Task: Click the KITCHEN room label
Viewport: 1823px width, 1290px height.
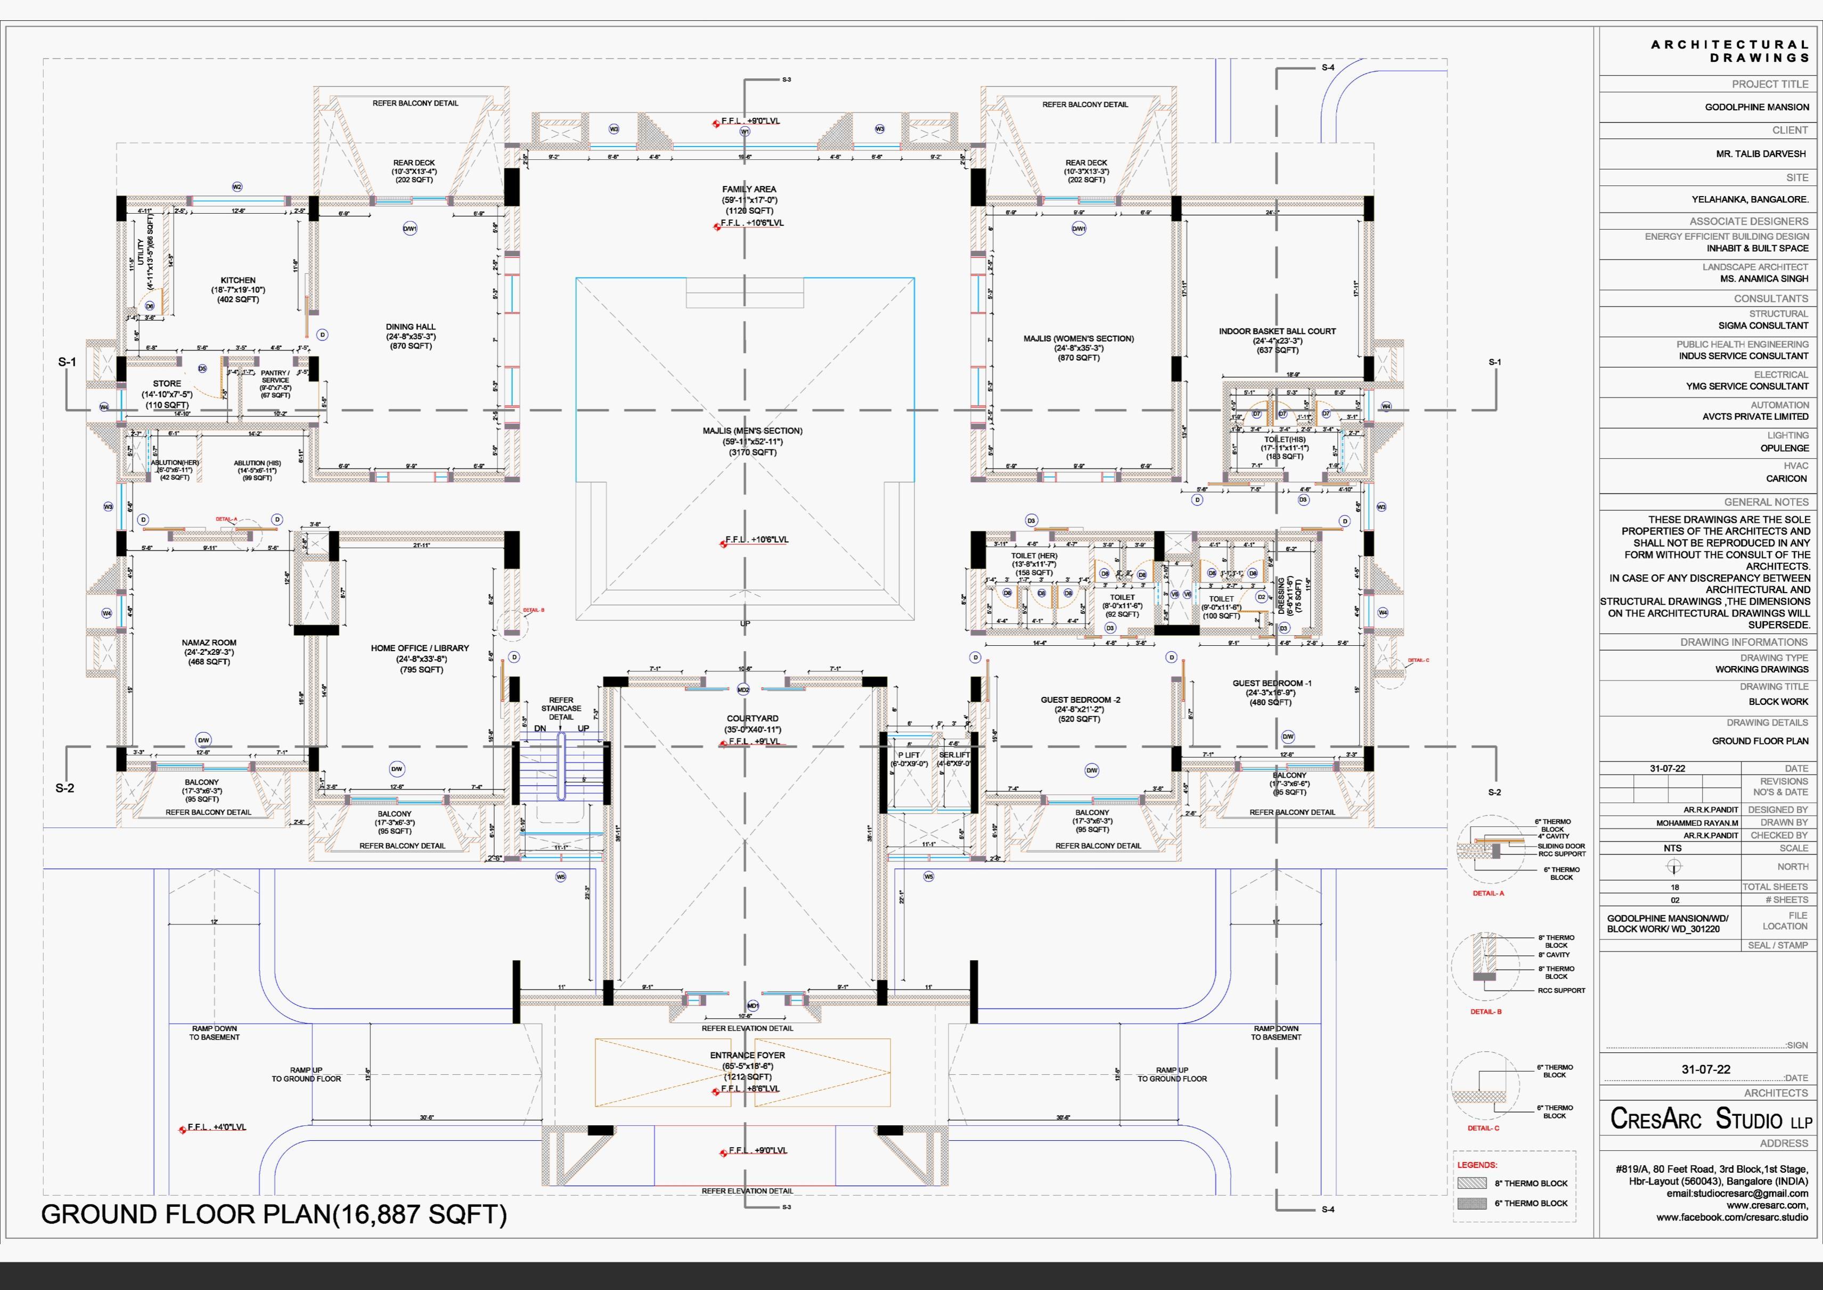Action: (x=238, y=280)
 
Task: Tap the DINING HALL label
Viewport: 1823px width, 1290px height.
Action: (x=411, y=327)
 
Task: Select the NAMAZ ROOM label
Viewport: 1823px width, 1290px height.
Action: (x=209, y=643)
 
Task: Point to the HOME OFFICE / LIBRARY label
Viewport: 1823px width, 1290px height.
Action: (x=420, y=648)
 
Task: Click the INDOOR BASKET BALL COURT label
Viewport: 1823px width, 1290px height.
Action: (x=1277, y=331)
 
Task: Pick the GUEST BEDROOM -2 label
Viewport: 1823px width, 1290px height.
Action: (x=1081, y=700)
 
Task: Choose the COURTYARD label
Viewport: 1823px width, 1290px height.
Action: (x=753, y=718)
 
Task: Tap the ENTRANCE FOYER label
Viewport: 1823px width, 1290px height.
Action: (x=747, y=1056)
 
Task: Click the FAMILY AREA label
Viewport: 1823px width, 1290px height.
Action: (x=749, y=189)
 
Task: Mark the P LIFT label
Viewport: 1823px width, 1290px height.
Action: (x=909, y=754)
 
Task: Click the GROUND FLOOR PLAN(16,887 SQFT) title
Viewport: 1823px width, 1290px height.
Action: (x=274, y=1214)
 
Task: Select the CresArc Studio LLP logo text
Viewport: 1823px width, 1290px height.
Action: (x=1711, y=1119)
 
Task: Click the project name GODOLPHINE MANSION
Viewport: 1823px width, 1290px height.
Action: (x=1756, y=107)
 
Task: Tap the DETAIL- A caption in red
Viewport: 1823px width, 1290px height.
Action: (x=1488, y=894)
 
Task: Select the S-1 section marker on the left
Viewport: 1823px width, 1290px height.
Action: (x=67, y=362)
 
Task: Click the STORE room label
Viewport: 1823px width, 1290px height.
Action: (x=167, y=384)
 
